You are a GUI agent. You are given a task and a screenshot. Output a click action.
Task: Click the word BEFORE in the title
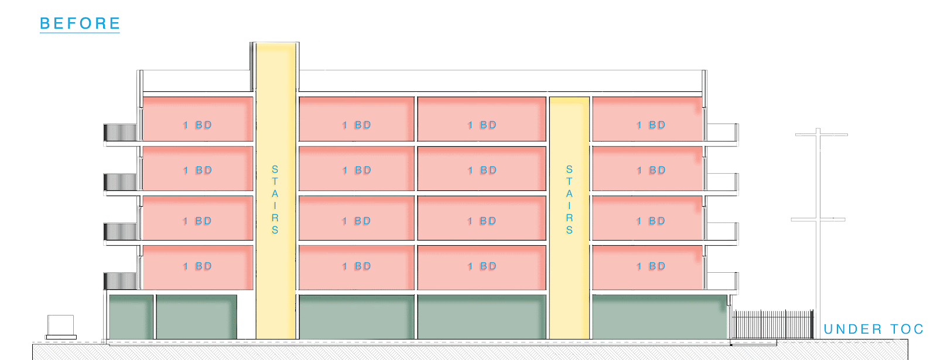(80, 23)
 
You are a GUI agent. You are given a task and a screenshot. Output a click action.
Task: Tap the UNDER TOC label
(873, 330)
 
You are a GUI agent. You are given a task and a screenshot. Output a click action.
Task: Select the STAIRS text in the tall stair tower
(275, 200)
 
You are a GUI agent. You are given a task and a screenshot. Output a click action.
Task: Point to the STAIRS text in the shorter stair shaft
(569, 200)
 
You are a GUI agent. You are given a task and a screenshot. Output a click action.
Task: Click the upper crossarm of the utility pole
(821, 135)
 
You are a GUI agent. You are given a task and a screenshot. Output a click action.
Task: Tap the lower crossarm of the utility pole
(818, 220)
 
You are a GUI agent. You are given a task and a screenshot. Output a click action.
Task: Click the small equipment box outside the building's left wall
(60, 325)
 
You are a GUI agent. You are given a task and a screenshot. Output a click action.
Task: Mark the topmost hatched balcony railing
(121, 133)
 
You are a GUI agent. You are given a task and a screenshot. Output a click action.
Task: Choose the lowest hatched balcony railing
(121, 281)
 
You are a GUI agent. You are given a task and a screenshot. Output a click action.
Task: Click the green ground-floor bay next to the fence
(659, 317)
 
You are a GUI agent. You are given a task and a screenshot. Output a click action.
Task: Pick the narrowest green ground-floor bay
(131, 317)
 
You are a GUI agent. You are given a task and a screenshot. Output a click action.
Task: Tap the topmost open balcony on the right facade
(721, 133)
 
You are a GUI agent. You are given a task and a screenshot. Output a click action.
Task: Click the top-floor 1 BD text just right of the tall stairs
(357, 125)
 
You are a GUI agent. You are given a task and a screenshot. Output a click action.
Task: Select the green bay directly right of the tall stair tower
(356, 317)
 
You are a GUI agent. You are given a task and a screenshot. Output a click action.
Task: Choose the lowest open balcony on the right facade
(721, 282)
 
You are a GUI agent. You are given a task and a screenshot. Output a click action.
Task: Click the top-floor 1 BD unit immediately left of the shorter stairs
(481, 119)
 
